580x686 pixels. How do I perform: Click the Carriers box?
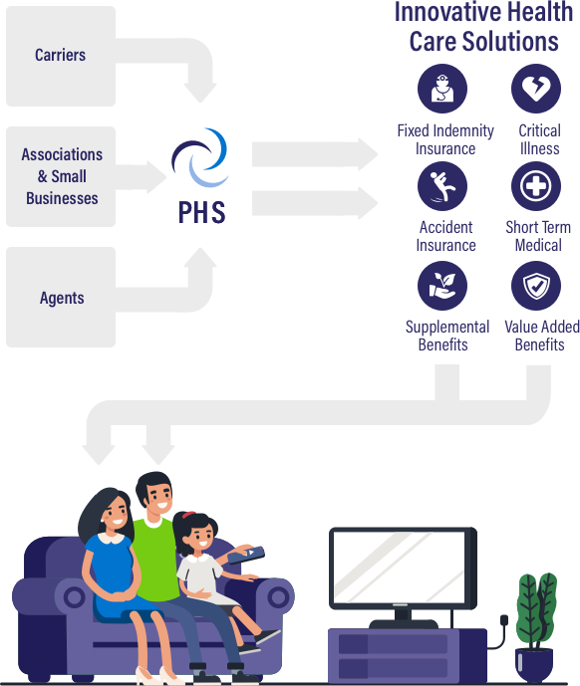61,56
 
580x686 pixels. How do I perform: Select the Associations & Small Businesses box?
61,177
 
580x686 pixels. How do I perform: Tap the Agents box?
61,297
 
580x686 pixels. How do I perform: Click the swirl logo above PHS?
199,157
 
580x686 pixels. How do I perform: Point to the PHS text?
202,213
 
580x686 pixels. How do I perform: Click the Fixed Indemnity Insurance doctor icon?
442,89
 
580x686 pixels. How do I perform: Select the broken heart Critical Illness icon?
536,89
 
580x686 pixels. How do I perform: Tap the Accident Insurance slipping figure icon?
442,186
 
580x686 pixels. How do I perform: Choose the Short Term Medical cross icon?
536,186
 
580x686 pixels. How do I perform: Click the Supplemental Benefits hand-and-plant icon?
442,286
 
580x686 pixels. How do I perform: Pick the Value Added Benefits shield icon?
536,286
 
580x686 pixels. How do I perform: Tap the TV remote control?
246,555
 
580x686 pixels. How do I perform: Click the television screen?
399,567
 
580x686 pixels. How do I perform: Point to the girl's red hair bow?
188,515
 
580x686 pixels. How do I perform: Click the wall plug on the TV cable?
504,620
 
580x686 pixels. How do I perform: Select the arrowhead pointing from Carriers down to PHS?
199,93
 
